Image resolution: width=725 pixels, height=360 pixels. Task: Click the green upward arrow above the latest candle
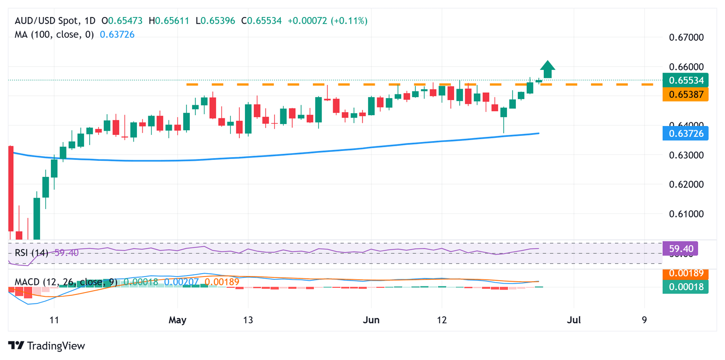click(548, 69)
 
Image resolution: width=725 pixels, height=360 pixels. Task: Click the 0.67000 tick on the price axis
click(687, 37)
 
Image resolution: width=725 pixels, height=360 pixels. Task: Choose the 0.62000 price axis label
click(687, 184)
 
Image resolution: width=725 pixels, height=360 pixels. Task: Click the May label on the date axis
click(177, 320)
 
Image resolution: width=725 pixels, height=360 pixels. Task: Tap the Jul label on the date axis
click(573, 320)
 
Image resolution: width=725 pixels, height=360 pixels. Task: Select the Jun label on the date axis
click(371, 320)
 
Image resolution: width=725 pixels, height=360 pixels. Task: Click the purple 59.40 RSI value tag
click(680, 248)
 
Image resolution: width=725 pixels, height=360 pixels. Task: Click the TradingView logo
click(47, 345)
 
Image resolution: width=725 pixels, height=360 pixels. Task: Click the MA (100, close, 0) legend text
click(54, 34)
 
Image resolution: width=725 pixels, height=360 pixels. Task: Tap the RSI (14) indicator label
click(31, 253)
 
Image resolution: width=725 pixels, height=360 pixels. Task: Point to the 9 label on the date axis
click(644, 320)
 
